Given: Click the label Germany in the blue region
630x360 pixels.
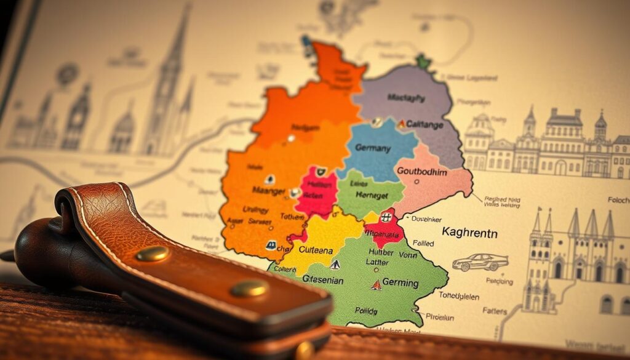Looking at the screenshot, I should pos(373,148).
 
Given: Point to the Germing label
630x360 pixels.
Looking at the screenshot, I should pos(401,283).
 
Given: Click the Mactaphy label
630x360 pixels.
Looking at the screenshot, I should pos(407,97).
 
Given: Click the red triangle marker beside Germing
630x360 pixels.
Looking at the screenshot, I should pos(375,285).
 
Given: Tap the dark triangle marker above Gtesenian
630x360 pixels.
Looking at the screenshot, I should pos(335,265).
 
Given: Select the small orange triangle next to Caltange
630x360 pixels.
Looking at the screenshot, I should pos(401,124).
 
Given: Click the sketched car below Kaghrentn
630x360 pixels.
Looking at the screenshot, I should pos(480,262).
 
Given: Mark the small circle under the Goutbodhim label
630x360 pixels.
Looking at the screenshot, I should pos(418,182).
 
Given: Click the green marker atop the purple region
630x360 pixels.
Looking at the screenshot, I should pos(422,62).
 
